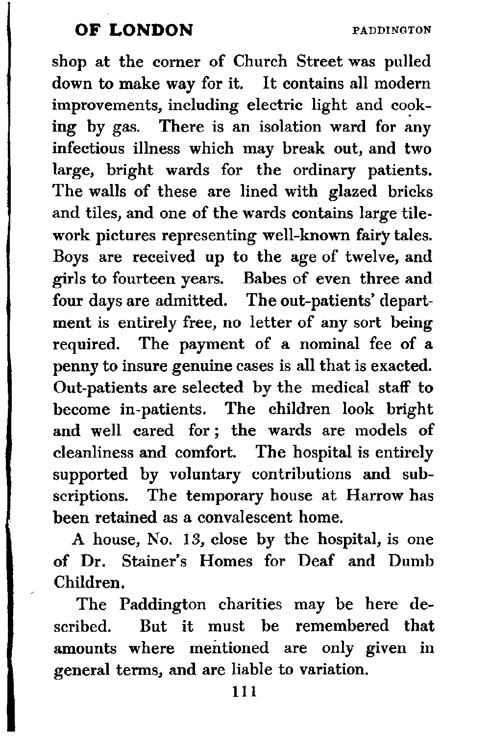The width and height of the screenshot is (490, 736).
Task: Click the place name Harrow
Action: (x=374, y=495)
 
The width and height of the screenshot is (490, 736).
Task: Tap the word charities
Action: (x=250, y=604)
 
